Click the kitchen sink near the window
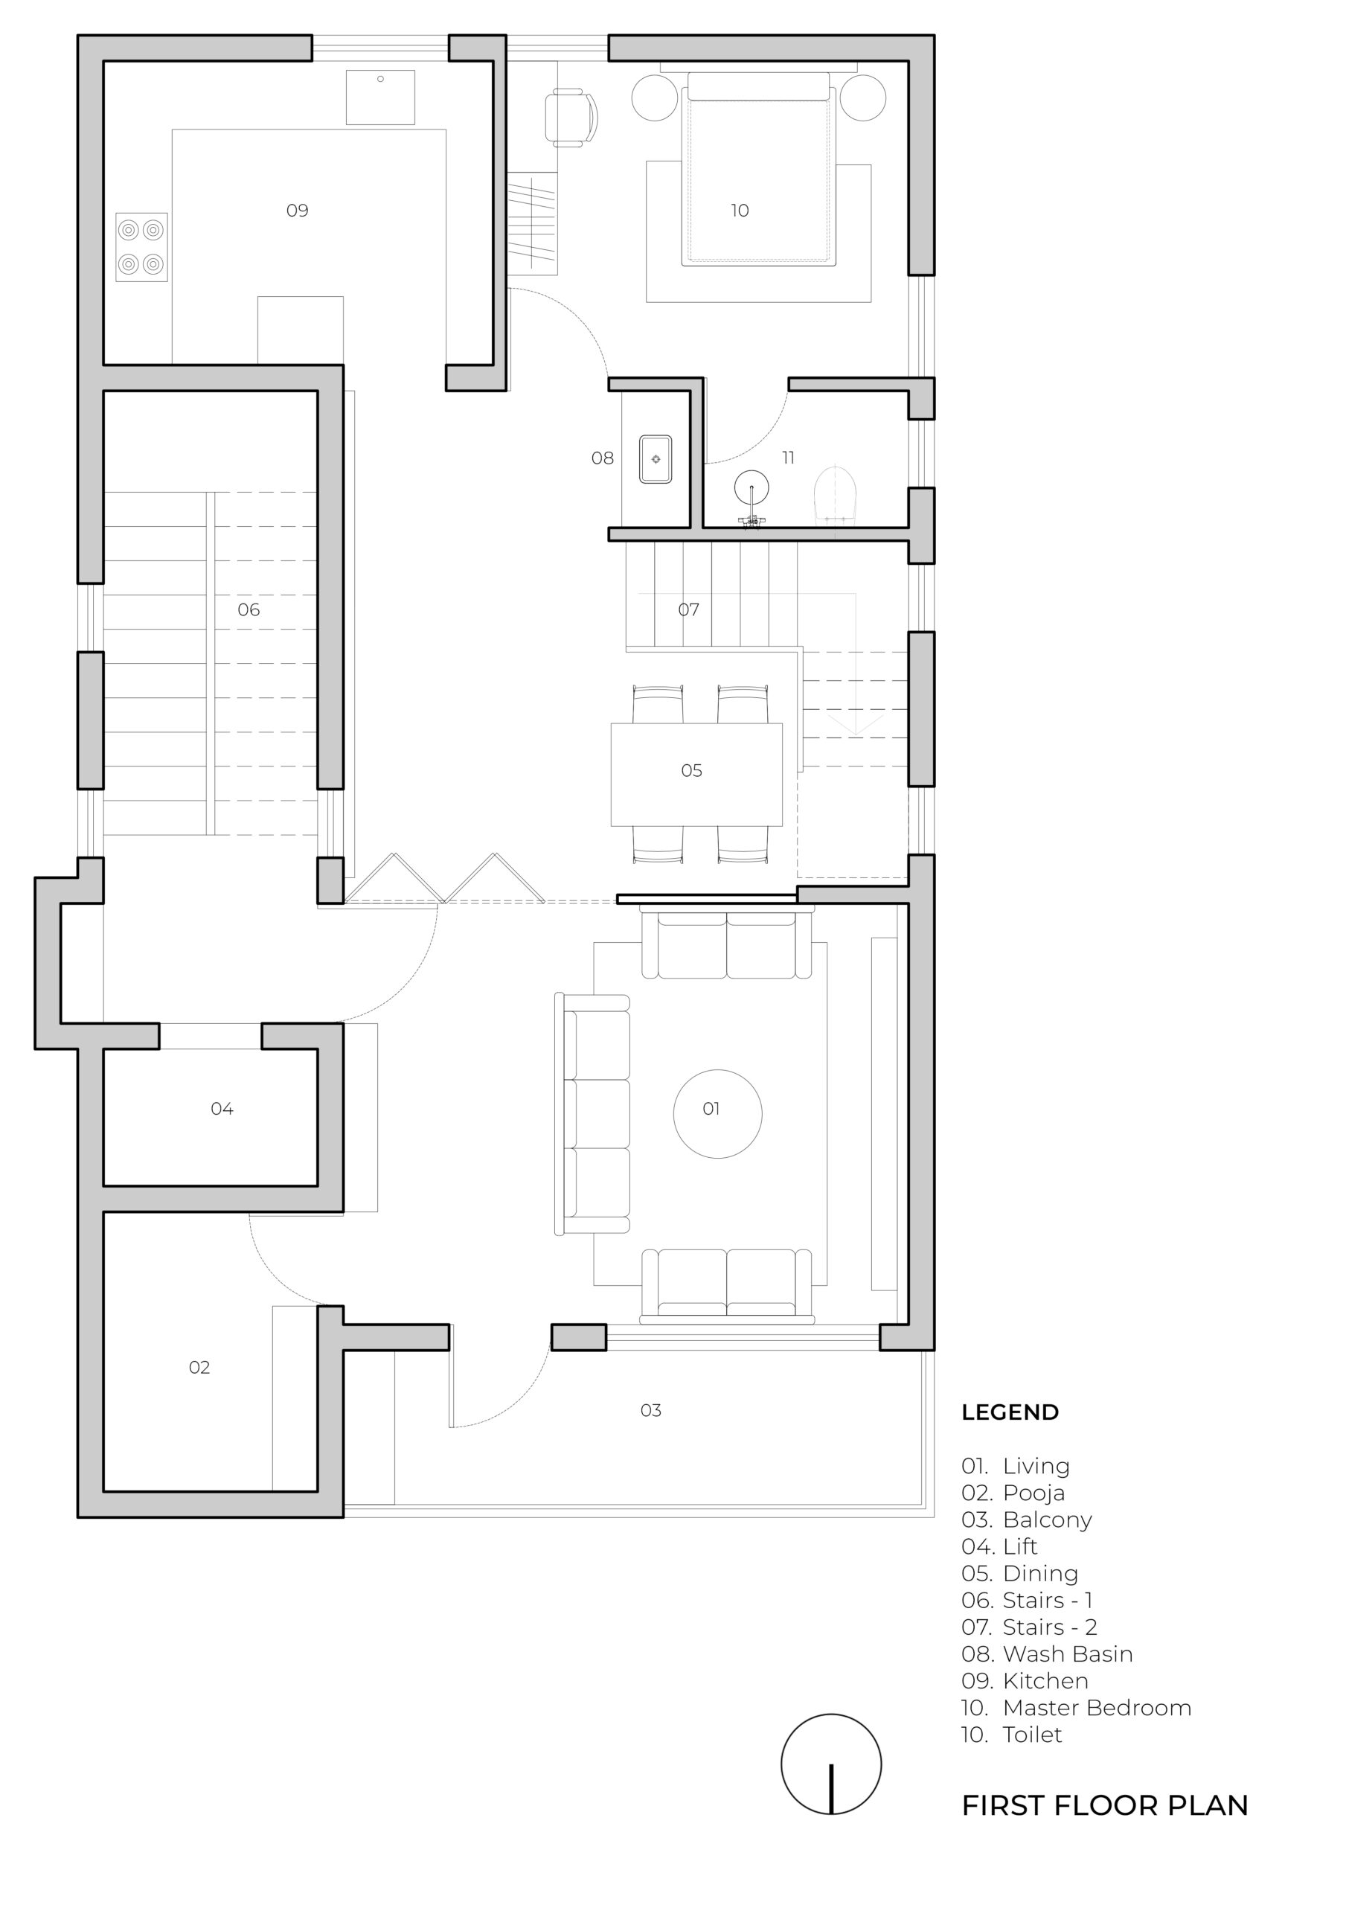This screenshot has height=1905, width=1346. tap(380, 97)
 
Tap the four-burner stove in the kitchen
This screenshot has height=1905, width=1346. tap(141, 246)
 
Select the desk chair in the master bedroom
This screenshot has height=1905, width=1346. tap(571, 118)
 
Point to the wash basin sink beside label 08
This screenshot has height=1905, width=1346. tap(656, 458)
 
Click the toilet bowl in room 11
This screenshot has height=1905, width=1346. tap(835, 496)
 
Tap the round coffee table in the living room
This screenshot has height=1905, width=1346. tap(718, 1113)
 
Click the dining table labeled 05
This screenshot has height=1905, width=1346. tap(696, 774)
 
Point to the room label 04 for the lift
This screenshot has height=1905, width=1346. tap(222, 1109)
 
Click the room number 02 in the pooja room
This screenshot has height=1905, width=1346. tap(199, 1367)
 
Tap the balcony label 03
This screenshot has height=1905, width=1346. tap(650, 1410)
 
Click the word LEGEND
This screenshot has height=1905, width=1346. tap(1010, 1412)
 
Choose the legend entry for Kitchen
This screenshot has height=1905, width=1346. tap(1025, 1681)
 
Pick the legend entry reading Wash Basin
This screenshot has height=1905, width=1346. tap(1047, 1653)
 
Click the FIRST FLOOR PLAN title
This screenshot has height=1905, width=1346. tap(1104, 1805)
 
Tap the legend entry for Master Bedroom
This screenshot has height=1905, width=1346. tap(1077, 1708)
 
